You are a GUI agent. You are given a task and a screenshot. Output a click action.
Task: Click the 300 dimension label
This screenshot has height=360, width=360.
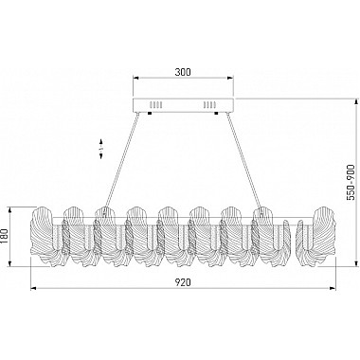(x=183, y=72)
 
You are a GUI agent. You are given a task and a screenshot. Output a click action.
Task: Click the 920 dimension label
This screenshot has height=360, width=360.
(x=183, y=282)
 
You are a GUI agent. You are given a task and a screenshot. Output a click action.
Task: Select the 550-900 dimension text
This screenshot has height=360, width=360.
(x=351, y=182)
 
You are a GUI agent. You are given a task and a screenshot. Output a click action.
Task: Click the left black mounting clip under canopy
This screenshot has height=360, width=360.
(x=150, y=113)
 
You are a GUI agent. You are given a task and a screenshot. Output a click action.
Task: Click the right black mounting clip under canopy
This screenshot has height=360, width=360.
(x=216, y=113)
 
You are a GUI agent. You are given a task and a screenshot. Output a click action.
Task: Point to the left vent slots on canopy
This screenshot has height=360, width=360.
(x=155, y=104)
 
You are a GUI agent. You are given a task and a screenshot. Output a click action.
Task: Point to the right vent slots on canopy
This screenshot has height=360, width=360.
(x=209, y=104)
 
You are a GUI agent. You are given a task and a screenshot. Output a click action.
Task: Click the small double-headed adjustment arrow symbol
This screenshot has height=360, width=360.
(x=101, y=149)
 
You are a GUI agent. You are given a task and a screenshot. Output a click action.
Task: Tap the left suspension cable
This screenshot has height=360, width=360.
(x=121, y=160)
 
